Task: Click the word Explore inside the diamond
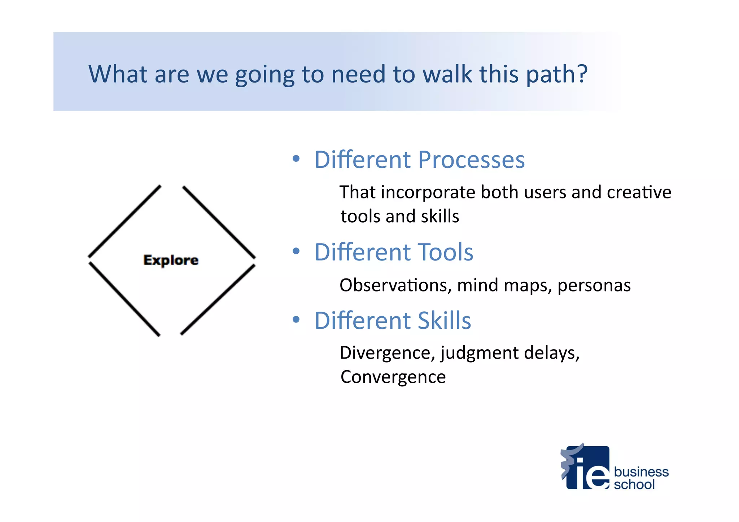point(171,260)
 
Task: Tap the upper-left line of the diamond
point(124,221)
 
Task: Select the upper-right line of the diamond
point(219,221)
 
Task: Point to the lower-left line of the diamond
point(124,299)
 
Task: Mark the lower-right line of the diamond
point(218,300)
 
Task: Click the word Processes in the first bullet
point(471,160)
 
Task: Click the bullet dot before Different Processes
point(296,159)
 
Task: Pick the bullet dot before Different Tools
point(296,251)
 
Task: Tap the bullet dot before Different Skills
point(296,320)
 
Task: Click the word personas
point(594,285)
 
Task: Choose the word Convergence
point(393,377)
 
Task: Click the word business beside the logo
point(641,472)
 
